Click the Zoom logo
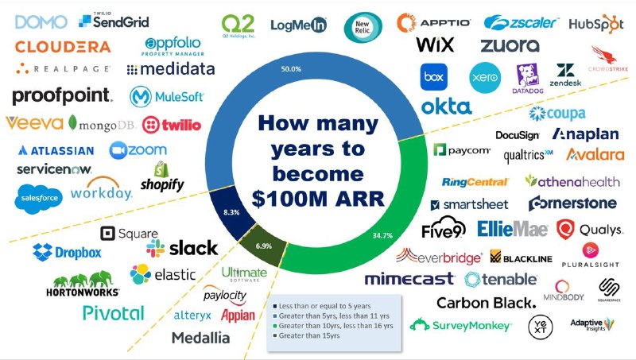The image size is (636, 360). click(x=138, y=149)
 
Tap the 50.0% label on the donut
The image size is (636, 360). click(x=291, y=69)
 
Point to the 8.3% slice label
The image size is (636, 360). click(x=233, y=213)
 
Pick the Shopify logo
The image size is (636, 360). click(x=162, y=177)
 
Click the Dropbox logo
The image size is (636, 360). click(x=68, y=252)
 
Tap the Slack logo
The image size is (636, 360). click(x=182, y=248)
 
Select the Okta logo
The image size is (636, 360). click(x=446, y=106)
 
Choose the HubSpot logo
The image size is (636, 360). click(x=595, y=22)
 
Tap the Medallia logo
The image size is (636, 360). click(x=200, y=338)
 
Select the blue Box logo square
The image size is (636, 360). click(x=433, y=77)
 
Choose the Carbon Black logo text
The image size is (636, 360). click(x=486, y=302)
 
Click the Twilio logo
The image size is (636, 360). click(x=171, y=125)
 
